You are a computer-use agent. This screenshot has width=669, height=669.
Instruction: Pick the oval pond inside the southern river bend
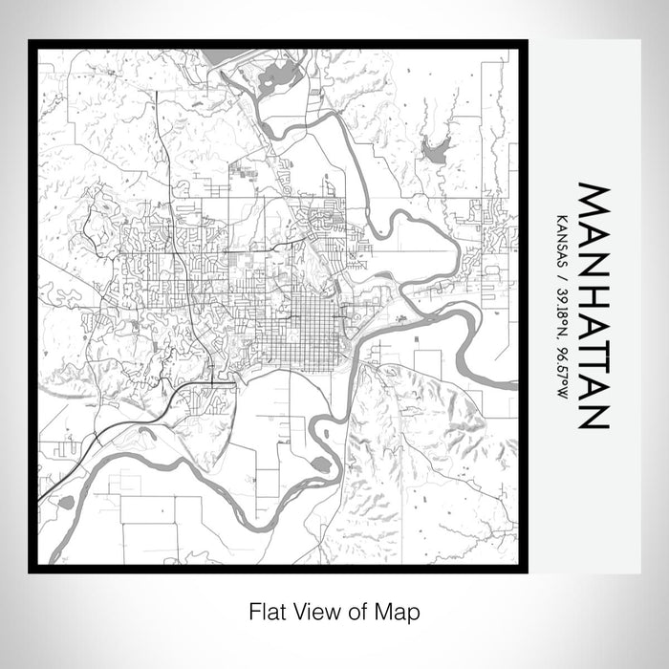(x=321, y=464)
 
